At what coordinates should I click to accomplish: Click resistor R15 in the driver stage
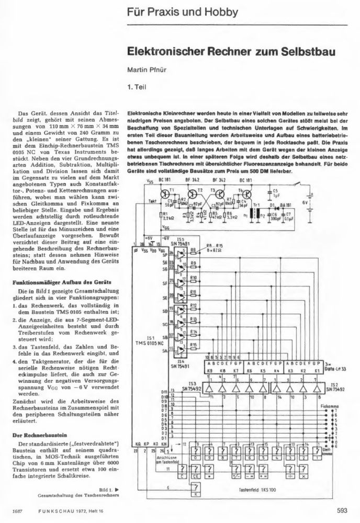point(194,345)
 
